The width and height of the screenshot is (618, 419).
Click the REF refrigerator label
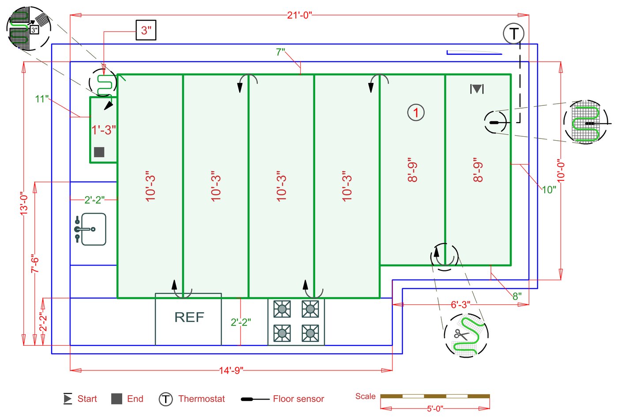[x=189, y=317]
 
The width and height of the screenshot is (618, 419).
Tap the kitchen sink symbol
[x=90, y=229]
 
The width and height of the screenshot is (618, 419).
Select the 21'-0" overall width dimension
[x=299, y=15]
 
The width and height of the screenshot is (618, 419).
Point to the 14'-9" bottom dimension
[x=231, y=370]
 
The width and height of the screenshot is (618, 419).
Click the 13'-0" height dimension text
[x=24, y=203]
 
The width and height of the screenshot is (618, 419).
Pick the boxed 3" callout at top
[x=146, y=30]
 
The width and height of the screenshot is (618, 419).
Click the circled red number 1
[x=416, y=112]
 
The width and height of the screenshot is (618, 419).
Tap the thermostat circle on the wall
[x=513, y=34]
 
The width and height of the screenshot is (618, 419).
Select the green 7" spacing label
[x=280, y=52]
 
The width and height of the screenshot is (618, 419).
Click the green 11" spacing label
[x=41, y=99]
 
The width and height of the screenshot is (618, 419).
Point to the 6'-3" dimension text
[x=460, y=305]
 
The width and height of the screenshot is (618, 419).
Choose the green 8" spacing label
[x=517, y=296]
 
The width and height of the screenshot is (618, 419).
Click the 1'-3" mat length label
[x=103, y=130]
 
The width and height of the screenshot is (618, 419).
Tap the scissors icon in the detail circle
[x=461, y=335]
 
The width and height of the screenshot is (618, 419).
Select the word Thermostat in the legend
[x=201, y=399]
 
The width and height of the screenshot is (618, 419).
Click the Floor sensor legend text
[x=298, y=399]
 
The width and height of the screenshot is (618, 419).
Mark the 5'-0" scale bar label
[x=435, y=408]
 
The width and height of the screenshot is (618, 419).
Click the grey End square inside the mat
[x=99, y=152]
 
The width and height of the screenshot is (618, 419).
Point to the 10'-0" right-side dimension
[x=561, y=171]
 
